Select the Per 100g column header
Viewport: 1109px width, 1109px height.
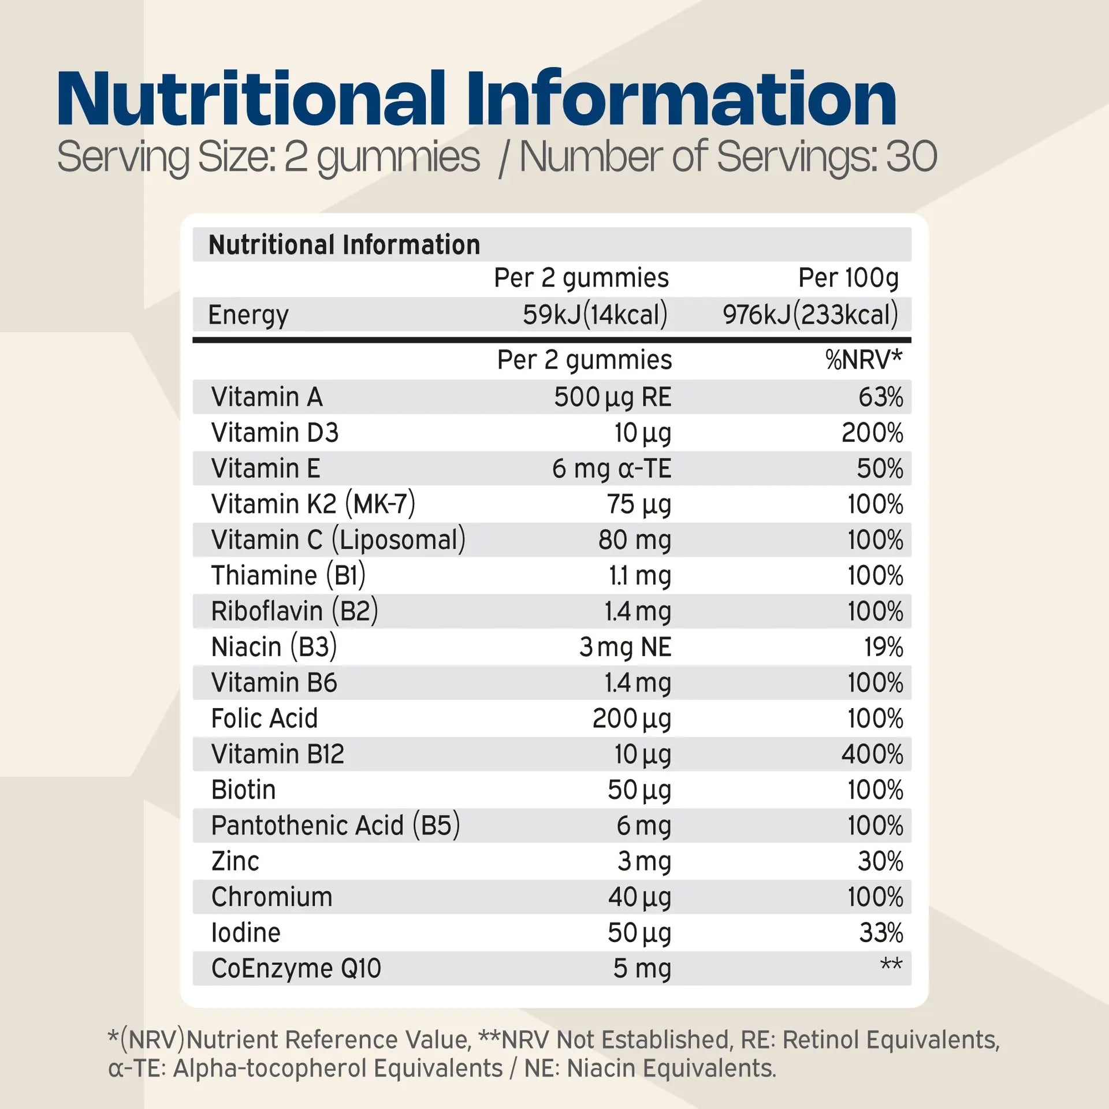[x=848, y=278]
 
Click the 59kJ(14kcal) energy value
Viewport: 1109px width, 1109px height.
[x=595, y=315]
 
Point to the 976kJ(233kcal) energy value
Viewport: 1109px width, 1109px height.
[x=810, y=315]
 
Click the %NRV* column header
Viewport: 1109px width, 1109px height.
[x=863, y=360]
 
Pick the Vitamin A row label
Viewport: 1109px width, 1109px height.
[x=267, y=397]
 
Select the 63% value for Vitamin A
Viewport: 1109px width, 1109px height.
[x=880, y=397]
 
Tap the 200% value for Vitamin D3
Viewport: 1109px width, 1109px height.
[x=872, y=433]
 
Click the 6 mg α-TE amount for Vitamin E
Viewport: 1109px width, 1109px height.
[x=612, y=468]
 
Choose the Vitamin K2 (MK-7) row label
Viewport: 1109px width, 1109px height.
[x=313, y=504]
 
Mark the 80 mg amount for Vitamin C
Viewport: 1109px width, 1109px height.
[x=635, y=540]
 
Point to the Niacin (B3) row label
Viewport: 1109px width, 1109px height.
[x=274, y=647]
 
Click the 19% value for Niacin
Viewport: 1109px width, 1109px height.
[x=883, y=647]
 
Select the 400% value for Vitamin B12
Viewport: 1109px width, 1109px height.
[x=872, y=754]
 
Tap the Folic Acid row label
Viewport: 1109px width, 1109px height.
[x=265, y=719]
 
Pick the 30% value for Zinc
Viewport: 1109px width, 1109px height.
[x=880, y=861]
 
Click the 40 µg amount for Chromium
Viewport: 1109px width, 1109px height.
[x=639, y=897]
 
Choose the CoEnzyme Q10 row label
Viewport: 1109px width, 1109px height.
[x=296, y=969]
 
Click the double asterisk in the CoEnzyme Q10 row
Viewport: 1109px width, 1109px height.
[x=891, y=964]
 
